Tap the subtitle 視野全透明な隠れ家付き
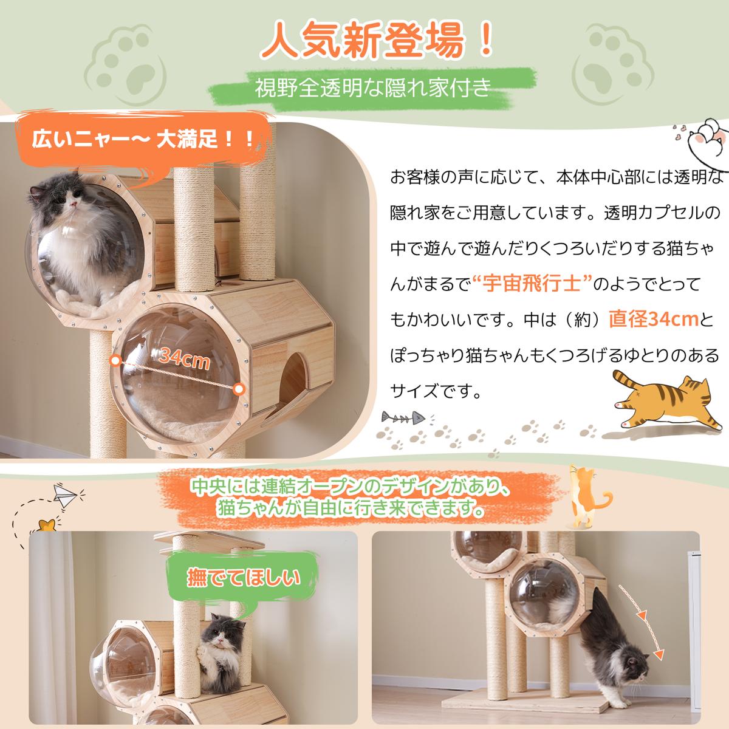372,89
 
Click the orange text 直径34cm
653,319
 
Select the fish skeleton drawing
403,417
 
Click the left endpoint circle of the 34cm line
116,360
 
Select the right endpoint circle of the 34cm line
238,389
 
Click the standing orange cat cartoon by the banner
586,496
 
